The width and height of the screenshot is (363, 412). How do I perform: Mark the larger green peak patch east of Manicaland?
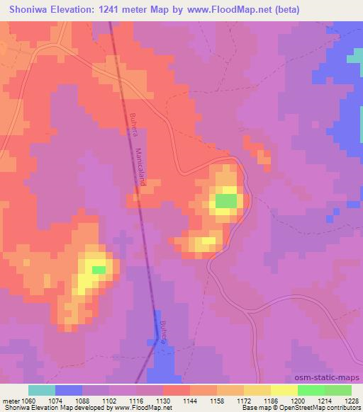coord(226,202)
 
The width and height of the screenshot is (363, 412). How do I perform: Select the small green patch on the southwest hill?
coord(99,270)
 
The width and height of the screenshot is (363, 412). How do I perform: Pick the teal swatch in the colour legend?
coord(42,390)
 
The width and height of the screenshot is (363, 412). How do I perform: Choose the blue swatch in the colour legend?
coord(69,390)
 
